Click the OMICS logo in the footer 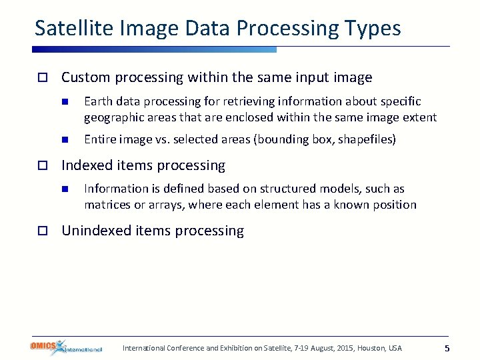66,347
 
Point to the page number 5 447,349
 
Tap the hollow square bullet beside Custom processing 42,78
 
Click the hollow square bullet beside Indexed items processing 42,165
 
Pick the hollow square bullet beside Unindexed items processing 42,231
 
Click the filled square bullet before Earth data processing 65,102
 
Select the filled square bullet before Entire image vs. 65,140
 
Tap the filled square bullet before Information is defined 65,189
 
